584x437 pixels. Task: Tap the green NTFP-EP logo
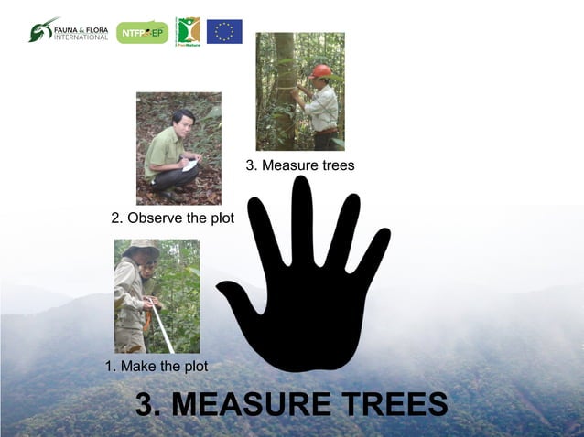pos(142,32)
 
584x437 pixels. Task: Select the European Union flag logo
pos(224,31)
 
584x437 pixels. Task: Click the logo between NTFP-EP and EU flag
pos(188,31)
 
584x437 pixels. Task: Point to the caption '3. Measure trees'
pos(299,165)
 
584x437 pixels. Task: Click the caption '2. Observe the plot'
pos(172,218)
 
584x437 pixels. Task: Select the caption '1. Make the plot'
pos(157,366)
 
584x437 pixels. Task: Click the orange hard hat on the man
pos(321,70)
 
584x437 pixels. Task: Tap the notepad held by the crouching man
pos(190,165)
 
